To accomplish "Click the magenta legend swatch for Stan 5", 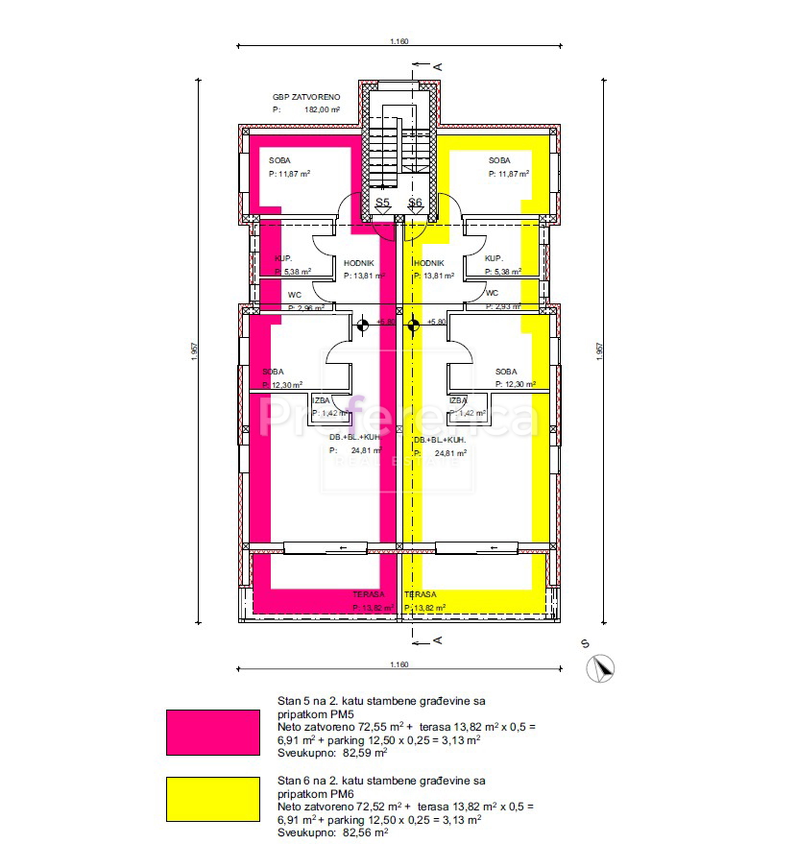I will pyautogui.click(x=212, y=732).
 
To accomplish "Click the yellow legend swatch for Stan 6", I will pyautogui.click(x=212, y=800).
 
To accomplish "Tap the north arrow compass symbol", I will pyautogui.click(x=603, y=667).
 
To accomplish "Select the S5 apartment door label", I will pyautogui.click(x=382, y=203).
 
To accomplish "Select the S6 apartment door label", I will pyautogui.click(x=415, y=203).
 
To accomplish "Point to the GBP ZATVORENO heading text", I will pyautogui.click(x=307, y=98).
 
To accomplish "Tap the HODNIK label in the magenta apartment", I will pyautogui.click(x=359, y=263).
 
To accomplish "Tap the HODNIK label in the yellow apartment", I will pyautogui.click(x=428, y=263).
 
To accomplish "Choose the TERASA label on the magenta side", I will pyautogui.click(x=369, y=594).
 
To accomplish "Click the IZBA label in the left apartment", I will pyautogui.click(x=321, y=400).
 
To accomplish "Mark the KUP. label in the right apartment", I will pyautogui.click(x=494, y=259).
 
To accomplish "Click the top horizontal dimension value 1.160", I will pyautogui.click(x=399, y=41).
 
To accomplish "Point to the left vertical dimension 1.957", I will pyautogui.click(x=195, y=352).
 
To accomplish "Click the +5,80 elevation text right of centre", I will pyautogui.click(x=437, y=323).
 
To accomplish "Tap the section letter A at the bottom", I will pyautogui.click(x=437, y=640).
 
